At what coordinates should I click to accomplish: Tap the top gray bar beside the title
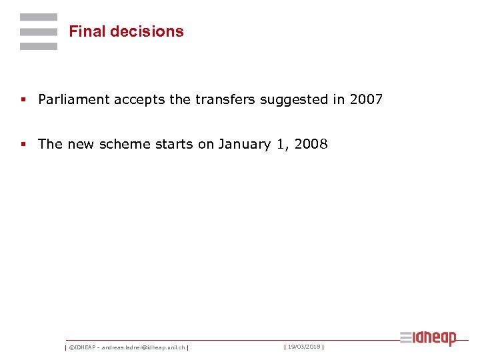pos(39,17)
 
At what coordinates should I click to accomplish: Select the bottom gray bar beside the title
pos(39,47)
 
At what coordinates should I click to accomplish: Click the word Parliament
pos(74,100)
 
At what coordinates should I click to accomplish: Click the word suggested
pos(291,100)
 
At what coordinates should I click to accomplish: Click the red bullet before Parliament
pos(23,100)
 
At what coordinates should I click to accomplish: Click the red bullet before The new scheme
pos(23,144)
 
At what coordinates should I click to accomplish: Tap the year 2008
pos(310,144)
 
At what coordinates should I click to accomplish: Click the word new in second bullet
pos(81,144)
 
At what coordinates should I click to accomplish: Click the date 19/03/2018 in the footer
pos(304,347)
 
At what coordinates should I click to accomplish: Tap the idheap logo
pos(428,338)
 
